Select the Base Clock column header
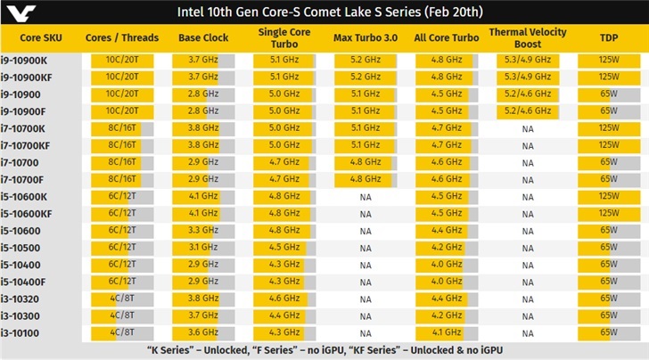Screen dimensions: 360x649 coord(203,37)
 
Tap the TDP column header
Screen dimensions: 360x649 coord(609,37)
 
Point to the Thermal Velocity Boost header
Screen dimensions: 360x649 coord(528,37)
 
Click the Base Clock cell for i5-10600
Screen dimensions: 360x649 coord(203,230)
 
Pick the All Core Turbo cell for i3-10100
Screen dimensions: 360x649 coord(446,332)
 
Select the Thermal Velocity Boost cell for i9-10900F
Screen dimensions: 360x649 coord(528,110)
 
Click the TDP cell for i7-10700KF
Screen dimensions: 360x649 coord(609,144)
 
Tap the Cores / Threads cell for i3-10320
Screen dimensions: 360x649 coord(122,299)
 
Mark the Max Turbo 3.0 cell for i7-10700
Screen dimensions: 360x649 coord(366,161)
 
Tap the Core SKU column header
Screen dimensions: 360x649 coord(42,37)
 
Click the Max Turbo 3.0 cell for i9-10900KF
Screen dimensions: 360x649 coord(366,76)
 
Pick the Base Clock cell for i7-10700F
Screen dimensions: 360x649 coord(203,178)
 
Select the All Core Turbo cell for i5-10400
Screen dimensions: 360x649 coord(446,264)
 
